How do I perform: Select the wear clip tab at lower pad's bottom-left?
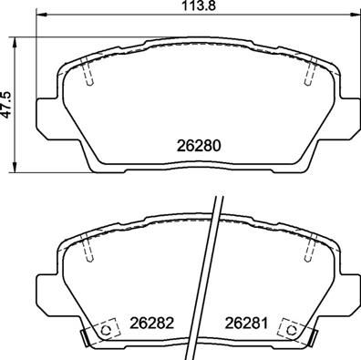point(85,338)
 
